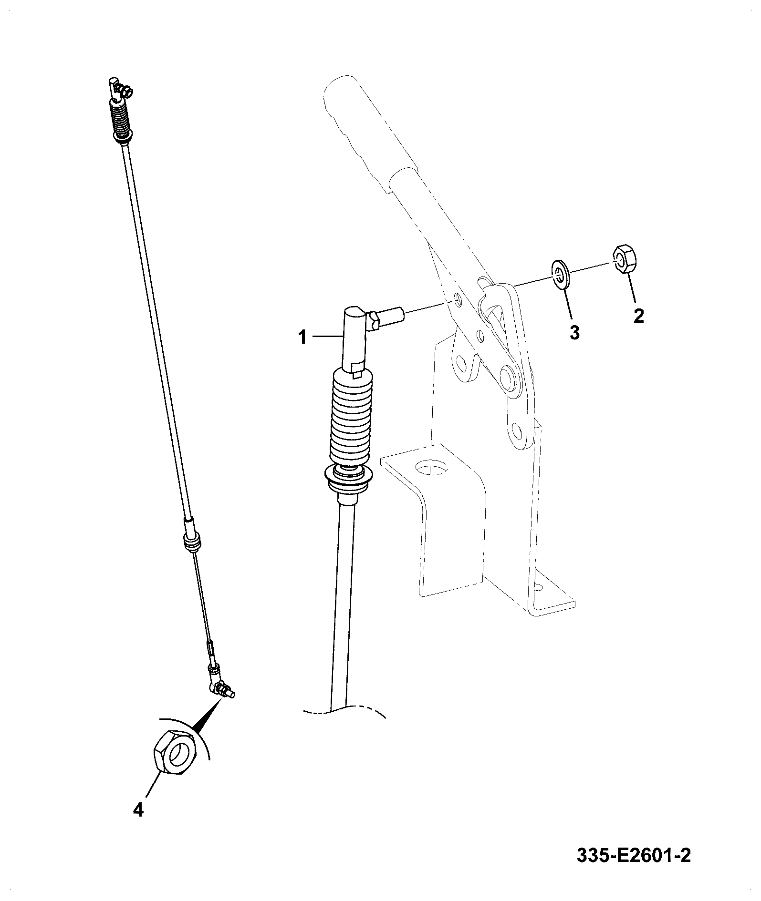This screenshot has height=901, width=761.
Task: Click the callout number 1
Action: tap(302, 338)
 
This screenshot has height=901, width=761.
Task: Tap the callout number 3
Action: tap(575, 332)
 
